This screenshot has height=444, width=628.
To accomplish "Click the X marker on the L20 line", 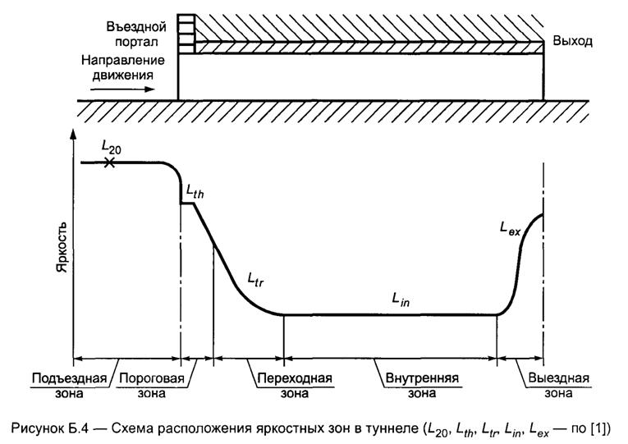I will [109, 163].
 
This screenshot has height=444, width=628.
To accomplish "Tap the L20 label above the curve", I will [111, 146].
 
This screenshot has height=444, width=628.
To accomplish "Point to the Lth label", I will [195, 191].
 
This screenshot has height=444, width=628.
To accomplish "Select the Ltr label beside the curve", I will [255, 282].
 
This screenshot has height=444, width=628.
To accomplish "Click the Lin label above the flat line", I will [401, 300].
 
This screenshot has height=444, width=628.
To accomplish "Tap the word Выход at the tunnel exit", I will [572, 40].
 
